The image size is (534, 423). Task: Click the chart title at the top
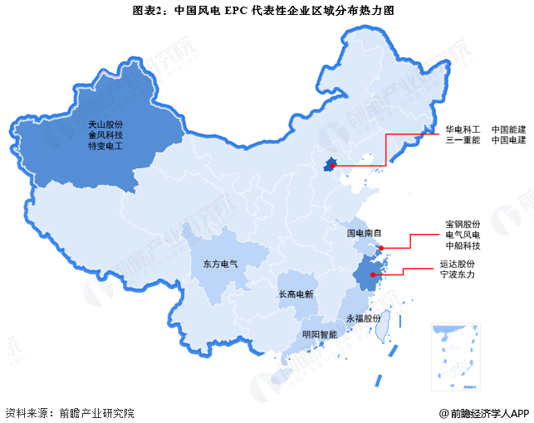coord(266,12)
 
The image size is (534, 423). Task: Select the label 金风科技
coord(105,134)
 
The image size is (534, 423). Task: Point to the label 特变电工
coord(105,146)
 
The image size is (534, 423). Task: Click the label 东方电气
coord(220,265)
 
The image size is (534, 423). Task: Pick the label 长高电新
coord(296,294)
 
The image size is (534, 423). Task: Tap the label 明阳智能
coord(320,335)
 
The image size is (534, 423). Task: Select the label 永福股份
coord(363,318)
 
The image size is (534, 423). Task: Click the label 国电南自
coord(364,234)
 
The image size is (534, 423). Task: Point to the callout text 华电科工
coord(462,129)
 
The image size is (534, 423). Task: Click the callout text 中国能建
coord(508,129)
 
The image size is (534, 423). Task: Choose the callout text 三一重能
coord(462,141)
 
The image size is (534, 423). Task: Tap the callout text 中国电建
coord(508,141)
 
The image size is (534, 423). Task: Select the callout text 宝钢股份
coord(463,224)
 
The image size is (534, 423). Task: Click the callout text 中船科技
coord(463,246)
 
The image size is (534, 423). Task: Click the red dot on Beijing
coord(332,167)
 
